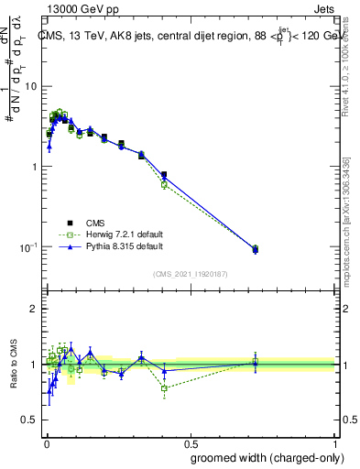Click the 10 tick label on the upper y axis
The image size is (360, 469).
[30, 86]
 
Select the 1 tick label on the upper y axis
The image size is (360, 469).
[34, 167]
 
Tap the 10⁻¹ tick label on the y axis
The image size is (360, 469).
[28, 248]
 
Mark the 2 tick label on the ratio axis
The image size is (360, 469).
[34, 310]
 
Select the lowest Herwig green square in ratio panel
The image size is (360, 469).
[164, 388]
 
